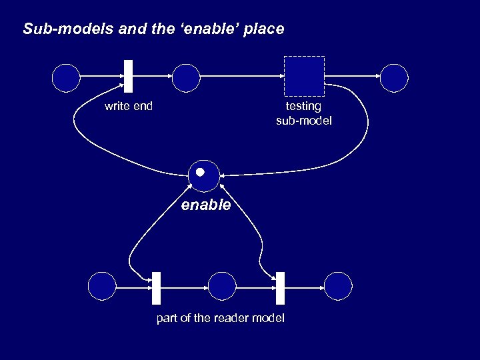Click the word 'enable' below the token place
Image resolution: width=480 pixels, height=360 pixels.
tap(206, 205)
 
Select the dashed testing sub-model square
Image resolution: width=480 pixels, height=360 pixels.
tap(304, 76)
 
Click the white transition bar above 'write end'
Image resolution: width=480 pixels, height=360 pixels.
tap(128, 76)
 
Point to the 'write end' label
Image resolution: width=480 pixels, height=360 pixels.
tap(129, 106)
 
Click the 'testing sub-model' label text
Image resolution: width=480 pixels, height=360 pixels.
tap(303, 113)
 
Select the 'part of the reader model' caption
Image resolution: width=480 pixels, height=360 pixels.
tap(220, 318)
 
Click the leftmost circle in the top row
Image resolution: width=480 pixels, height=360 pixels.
tap(65, 77)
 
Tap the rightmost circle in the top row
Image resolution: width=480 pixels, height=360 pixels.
tap(394, 77)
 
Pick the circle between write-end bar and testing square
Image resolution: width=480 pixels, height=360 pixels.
tap(186, 77)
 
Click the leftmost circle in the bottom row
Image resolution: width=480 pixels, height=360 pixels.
tap(102, 286)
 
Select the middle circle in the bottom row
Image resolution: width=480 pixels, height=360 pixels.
tap(222, 286)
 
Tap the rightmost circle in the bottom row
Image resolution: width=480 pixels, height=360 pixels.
tap(337, 286)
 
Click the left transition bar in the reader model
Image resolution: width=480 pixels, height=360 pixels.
tap(157, 288)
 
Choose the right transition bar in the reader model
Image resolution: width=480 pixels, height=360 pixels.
tap(280, 288)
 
